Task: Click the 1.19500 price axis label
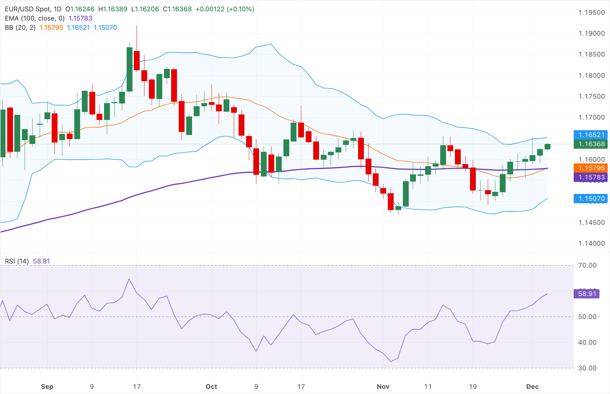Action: pyautogui.click(x=592, y=13)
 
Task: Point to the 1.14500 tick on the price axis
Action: pyautogui.click(x=592, y=223)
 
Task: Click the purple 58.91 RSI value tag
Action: pyautogui.click(x=587, y=294)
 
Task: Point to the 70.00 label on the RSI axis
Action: pyautogui.click(x=587, y=266)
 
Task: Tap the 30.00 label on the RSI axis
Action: pyautogui.click(x=587, y=368)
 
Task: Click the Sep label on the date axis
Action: pyautogui.click(x=47, y=386)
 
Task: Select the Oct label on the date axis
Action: pyautogui.click(x=211, y=386)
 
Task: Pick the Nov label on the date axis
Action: pyautogui.click(x=383, y=386)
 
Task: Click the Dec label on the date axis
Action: pyautogui.click(x=532, y=386)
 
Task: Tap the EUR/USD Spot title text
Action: pyautogui.click(x=27, y=9)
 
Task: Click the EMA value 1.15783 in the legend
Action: pyautogui.click(x=80, y=19)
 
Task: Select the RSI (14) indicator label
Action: pyautogui.click(x=17, y=261)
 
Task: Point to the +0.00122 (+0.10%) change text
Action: pyautogui.click(x=225, y=9)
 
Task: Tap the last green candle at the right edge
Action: pyautogui.click(x=547, y=147)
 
